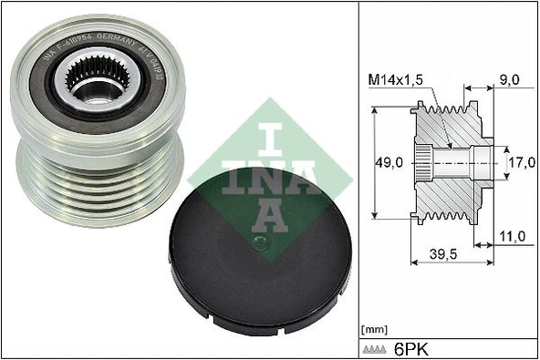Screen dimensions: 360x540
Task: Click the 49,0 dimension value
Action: (391, 163)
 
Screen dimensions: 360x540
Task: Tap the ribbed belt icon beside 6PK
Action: (376, 348)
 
